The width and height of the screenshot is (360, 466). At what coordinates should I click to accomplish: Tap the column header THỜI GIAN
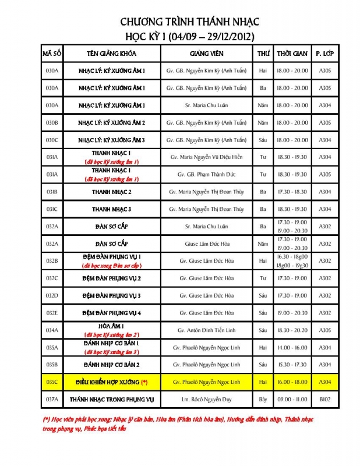tap(292, 54)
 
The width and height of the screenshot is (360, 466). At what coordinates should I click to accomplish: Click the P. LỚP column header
tap(324, 54)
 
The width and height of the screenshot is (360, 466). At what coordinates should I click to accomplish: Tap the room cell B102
tap(324, 400)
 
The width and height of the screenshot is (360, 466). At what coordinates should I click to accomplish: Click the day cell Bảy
tap(263, 400)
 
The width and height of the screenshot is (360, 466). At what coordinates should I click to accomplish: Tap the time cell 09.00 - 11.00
tap(292, 400)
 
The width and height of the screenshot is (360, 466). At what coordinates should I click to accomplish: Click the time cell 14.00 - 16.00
tap(292, 348)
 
